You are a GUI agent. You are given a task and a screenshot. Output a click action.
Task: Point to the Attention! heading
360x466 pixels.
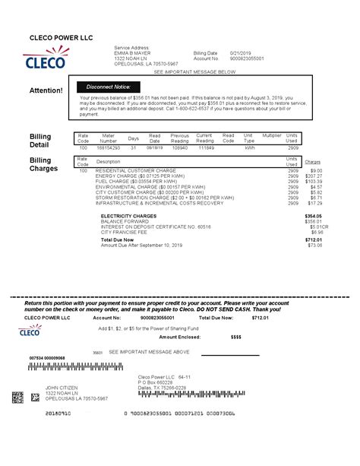pos(46,90)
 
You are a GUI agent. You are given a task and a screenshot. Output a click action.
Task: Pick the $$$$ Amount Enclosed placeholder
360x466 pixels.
pos(235,336)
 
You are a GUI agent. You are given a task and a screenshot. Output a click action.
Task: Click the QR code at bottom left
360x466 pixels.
pos(17,397)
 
